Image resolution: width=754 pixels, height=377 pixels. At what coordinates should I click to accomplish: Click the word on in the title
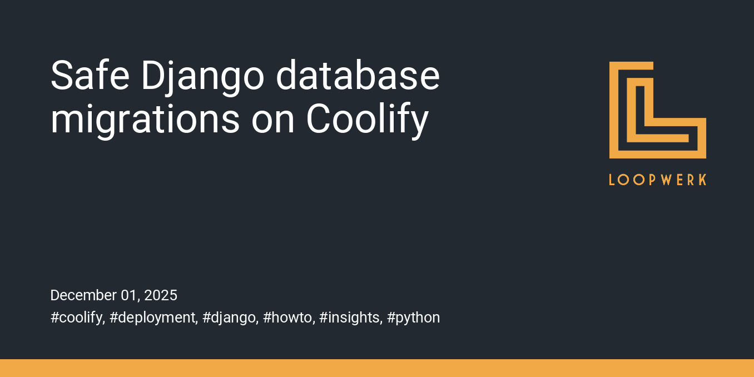tap(272, 120)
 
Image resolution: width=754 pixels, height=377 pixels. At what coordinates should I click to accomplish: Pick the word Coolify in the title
tap(367, 120)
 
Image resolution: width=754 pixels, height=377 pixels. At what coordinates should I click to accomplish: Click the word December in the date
tap(83, 295)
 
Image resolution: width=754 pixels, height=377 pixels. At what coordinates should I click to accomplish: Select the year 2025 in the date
tap(161, 295)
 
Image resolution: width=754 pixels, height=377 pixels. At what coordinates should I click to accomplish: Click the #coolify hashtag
tap(77, 318)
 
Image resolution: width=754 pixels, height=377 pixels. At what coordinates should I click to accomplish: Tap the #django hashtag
tap(230, 318)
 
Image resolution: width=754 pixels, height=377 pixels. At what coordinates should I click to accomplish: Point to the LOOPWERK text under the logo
tap(658, 180)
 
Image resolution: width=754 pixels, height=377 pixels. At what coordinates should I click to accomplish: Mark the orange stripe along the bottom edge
tap(377, 368)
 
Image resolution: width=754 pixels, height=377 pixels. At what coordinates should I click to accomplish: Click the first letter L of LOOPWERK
tap(612, 180)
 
